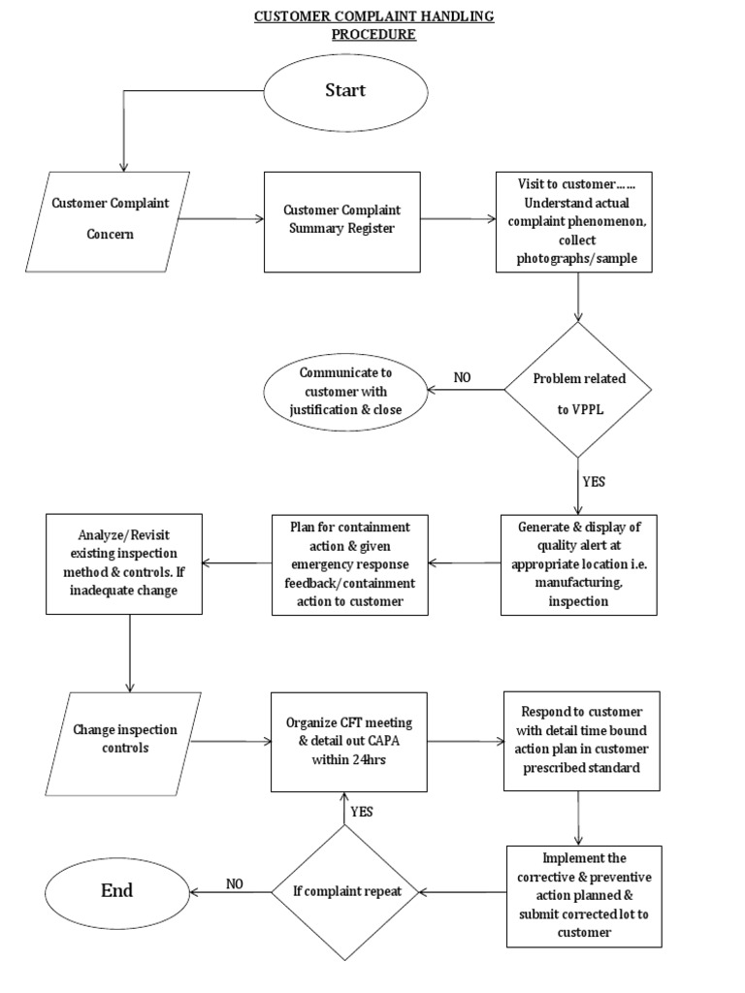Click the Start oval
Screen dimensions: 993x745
(x=344, y=90)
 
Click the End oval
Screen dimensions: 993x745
(x=116, y=890)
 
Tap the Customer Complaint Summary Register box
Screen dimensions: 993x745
(x=341, y=221)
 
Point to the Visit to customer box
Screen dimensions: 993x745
(x=579, y=221)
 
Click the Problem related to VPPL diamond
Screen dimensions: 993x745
(x=578, y=391)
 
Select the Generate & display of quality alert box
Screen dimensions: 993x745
(x=578, y=563)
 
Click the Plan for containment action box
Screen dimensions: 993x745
(x=349, y=563)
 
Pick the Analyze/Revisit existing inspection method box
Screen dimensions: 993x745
(x=124, y=562)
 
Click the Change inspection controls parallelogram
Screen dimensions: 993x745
(x=124, y=741)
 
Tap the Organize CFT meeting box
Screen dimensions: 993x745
(x=349, y=741)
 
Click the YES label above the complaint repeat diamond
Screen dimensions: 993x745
(x=361, y=811)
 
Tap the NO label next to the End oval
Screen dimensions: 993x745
(x=234, y=883)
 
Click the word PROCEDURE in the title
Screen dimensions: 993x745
(x=373, y=34)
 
